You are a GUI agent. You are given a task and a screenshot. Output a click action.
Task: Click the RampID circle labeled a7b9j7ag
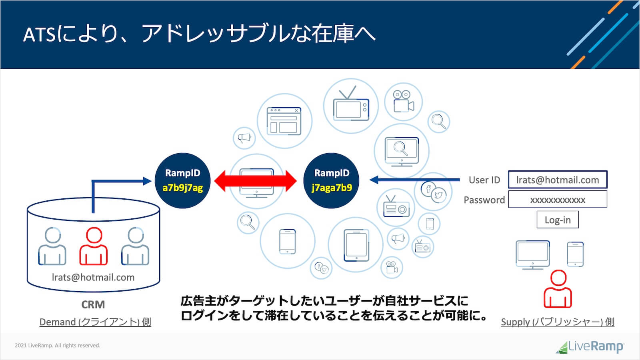182,180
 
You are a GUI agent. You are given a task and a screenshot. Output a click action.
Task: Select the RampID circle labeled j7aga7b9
331,180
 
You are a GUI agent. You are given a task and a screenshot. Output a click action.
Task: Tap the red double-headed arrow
256,181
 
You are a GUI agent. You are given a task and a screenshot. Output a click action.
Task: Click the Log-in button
558,220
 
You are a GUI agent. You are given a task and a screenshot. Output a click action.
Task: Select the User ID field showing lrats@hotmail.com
558,180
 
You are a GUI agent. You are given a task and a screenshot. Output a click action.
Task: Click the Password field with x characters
558,200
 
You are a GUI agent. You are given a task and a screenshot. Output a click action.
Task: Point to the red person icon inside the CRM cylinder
94,246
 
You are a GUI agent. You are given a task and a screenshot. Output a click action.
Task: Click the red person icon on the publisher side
558,289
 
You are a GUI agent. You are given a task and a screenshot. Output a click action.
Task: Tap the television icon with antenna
351,105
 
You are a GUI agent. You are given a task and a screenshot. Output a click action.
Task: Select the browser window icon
284,120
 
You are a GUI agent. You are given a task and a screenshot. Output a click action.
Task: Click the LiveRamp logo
590,346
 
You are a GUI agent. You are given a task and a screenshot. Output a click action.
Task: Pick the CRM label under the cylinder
93,304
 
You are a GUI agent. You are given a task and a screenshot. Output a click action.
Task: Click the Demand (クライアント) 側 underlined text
95,322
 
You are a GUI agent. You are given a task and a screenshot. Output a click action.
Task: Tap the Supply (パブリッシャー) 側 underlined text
558,322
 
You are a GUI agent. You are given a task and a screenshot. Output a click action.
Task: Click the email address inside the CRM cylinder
93,277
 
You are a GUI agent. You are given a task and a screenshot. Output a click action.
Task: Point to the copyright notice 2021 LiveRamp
58,346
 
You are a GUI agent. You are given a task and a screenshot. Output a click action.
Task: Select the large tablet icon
356,245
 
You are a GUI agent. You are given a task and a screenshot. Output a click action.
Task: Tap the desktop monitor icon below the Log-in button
532,254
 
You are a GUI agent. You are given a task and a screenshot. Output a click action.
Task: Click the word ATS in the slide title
39,35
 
